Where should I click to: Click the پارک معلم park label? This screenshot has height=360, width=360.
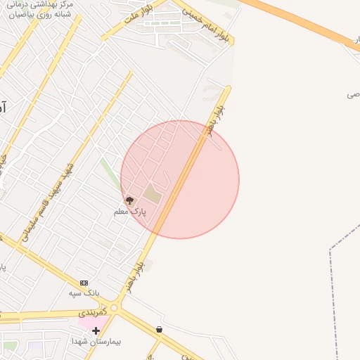(x=130, y=211)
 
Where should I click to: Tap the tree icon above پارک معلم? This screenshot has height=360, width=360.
(x=129, y=200)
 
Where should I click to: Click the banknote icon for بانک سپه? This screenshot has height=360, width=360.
(x=84, y=283)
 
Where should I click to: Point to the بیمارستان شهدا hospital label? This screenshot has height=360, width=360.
(x=96, y=341)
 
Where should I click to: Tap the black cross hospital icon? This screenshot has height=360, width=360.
(x=96, y=330)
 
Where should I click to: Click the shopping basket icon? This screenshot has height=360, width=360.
(x=160, y=329)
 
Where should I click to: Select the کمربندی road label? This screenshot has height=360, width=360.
(x=92, y=310)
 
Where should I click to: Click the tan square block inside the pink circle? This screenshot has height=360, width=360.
(x=153, y=194)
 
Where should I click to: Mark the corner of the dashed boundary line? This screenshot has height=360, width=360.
(x=330, y=249)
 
